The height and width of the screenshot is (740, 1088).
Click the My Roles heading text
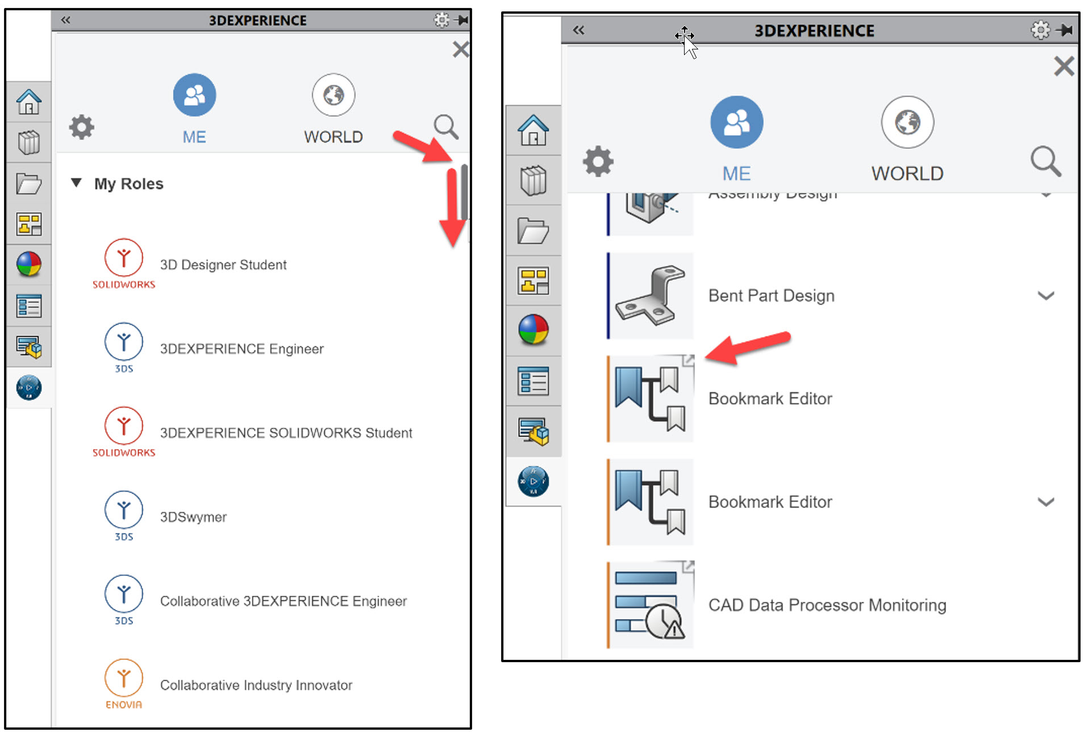pos(128,184)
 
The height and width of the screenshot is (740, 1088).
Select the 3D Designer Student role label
pos(223,265)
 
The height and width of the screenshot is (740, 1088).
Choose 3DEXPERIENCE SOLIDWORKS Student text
pos(286,433)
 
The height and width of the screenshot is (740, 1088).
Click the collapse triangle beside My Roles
pos(76,183)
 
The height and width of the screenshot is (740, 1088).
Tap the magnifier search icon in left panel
pos(446,127)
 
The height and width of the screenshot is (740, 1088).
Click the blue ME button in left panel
pos(194,95)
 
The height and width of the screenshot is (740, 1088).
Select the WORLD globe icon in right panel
pos(907,122)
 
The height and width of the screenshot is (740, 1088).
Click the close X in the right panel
pos(1064,66)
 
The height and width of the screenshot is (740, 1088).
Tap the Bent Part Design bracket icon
pos(651,295)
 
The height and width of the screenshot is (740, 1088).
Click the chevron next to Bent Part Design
pos(1045,296)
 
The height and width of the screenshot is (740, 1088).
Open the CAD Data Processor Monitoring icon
pos(651,605)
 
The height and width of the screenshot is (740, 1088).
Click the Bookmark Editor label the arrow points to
pos(770,399)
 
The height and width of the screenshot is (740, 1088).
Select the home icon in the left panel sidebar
pos(28,102)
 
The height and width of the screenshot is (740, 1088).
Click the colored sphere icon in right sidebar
pos(533,330)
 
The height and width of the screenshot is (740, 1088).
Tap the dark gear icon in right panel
pos(598,162)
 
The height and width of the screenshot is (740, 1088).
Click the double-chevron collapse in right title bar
pos(578,30)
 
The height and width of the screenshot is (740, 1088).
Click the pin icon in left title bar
pos(462,20)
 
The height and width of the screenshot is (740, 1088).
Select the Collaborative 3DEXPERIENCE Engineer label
pos(283,601)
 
